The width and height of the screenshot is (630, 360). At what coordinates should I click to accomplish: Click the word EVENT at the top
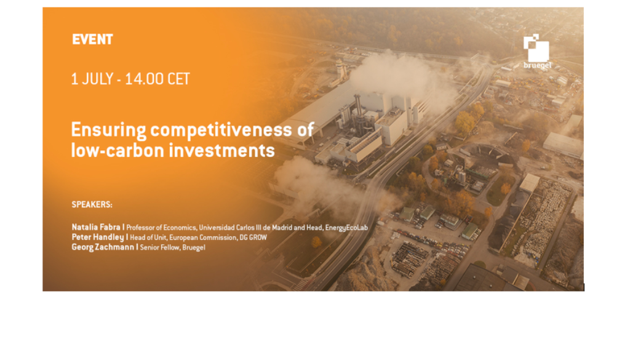point(92,39)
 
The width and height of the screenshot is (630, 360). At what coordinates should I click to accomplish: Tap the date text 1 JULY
point(92,79)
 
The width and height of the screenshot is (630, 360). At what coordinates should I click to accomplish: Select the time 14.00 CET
point(157,79)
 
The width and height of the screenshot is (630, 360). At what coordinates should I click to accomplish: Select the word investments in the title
point(221,150)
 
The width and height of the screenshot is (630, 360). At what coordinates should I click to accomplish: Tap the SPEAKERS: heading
point(92,204)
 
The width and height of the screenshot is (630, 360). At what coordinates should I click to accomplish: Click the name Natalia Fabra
point(95,227)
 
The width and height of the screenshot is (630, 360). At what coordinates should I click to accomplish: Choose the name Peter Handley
point(98,237)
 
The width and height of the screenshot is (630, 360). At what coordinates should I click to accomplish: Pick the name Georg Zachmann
point(103,247)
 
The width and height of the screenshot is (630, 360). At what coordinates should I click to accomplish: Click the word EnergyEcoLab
point(346,228)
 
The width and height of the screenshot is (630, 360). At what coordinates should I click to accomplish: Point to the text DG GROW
point(253,238)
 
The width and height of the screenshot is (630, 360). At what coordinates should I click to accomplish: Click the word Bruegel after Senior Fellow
point(194,247)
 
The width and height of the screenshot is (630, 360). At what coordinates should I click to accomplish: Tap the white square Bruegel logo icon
point(536,48)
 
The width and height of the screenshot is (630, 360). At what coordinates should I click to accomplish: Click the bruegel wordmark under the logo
point(538,65)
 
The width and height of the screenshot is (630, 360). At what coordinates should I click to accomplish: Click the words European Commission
point(203,238)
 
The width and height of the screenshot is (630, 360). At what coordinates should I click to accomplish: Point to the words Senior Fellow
point(159,247)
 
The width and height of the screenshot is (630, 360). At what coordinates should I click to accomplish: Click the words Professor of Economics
point(162,228)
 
